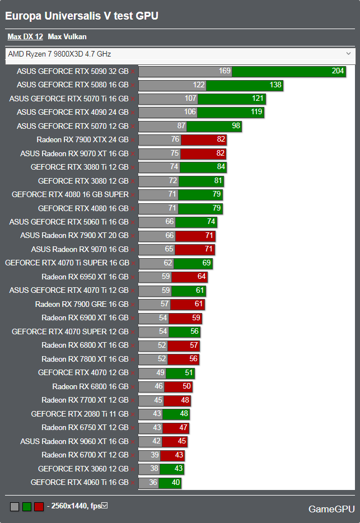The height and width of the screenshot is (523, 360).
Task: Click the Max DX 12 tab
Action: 25,37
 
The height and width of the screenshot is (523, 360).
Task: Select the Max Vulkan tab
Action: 67,37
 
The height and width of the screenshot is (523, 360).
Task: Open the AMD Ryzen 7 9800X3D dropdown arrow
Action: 349,54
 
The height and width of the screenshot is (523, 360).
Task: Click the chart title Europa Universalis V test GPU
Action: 82,16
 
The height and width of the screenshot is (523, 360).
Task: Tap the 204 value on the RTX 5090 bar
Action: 338,71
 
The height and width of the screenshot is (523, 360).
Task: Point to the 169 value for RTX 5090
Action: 225,71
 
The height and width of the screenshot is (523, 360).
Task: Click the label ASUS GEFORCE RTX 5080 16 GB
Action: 73,85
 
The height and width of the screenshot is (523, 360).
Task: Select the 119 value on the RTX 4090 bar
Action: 257,112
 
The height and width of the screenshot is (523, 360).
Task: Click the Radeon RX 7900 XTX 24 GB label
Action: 82,139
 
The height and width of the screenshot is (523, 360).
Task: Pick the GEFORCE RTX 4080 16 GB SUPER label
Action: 70,194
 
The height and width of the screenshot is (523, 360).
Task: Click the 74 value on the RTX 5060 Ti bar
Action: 211,222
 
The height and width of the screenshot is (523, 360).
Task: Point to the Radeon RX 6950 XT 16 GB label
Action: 85,277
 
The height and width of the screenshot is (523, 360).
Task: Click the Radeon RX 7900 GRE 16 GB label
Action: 82,304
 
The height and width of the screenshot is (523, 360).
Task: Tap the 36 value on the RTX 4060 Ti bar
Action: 153,482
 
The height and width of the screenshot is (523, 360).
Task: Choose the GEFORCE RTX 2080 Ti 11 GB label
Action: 80,414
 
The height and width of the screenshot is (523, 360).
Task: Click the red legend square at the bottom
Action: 39,507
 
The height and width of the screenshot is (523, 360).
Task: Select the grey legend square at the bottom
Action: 15,507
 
